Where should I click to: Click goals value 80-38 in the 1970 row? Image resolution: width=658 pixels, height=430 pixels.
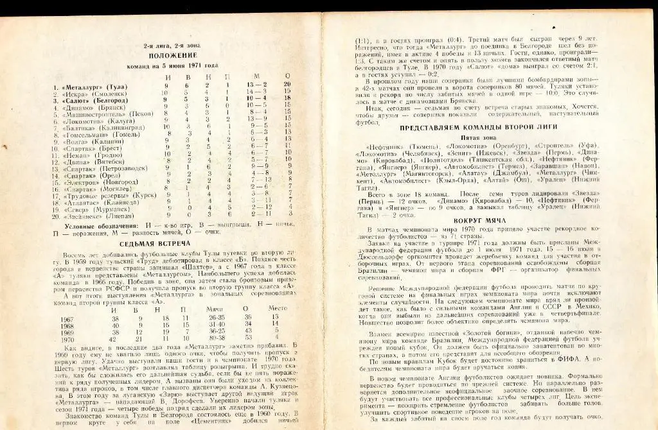tap(218, 338)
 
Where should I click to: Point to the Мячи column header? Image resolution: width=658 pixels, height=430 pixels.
tap(216, 309)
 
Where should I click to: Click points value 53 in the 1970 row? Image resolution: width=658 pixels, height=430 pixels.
tap(245, 338)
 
